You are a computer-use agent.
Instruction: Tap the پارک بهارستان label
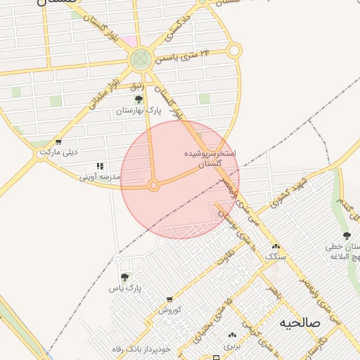point(139,111)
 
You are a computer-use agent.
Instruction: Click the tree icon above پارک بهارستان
point(139,99)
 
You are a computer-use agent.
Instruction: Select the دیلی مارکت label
point(58,152)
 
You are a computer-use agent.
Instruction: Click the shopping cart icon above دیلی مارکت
point(58,142)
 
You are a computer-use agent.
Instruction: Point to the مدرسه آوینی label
point(101,177)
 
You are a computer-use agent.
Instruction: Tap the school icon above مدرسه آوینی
point(100,167)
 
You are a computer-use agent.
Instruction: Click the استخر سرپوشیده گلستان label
point(210,157)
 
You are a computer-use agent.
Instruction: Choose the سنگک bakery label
point(276,257)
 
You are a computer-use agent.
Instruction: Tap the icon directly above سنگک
point(276,247)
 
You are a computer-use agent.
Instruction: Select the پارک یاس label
point(125,288)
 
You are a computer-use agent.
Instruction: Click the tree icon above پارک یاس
point(125,278)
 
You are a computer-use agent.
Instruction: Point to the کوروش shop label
point(169,309)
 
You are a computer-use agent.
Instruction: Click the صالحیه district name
point(300,323)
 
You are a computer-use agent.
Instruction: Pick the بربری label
point(232,346)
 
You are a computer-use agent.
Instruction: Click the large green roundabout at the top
point(141,58)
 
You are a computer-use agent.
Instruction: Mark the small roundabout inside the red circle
point(153,186)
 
